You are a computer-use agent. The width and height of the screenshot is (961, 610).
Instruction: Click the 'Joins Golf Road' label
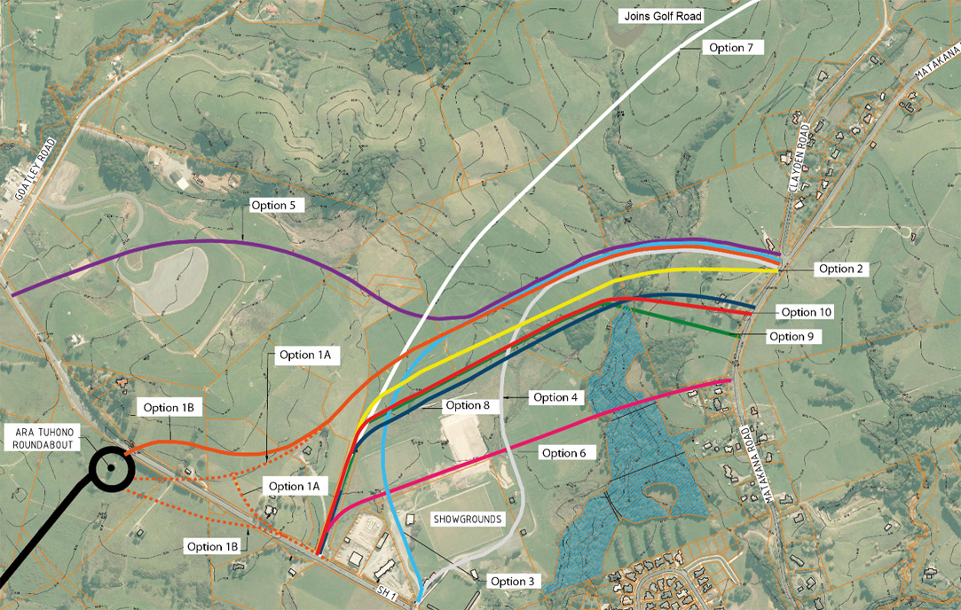(661, 16)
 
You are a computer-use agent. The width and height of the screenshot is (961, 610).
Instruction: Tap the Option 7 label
(732, 48)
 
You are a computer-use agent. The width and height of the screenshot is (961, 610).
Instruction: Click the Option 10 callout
(807, 312)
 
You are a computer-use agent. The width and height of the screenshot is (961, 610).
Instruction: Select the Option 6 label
(564, 453)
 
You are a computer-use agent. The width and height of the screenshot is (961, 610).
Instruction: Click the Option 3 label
(515, 582)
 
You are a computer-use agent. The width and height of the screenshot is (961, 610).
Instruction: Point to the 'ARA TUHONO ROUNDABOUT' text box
(42, 438)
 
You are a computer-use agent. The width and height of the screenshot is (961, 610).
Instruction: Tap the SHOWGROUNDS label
(468, 519)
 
